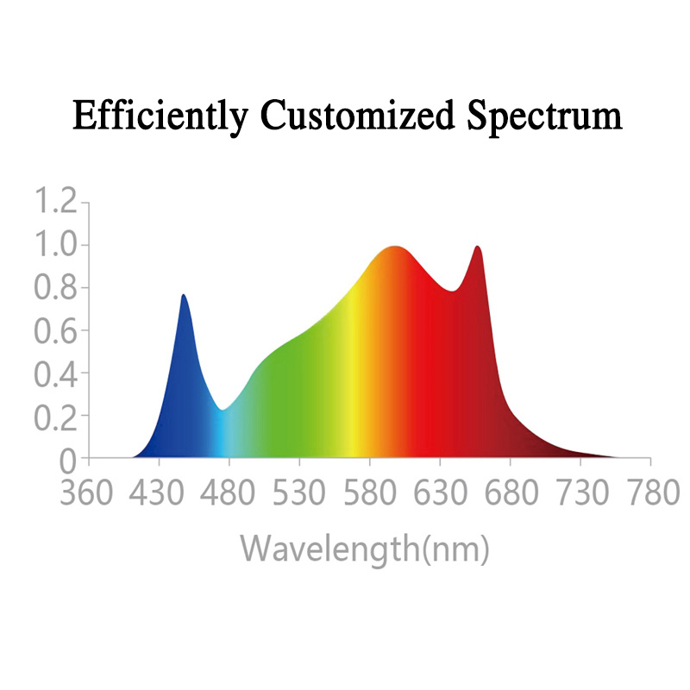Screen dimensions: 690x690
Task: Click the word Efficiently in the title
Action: coord(162,116)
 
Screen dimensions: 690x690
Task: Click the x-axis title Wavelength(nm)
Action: coord(365,548)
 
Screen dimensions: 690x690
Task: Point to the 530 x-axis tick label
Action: coord(298,495)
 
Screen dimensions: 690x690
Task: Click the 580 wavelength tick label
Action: coord(369,495)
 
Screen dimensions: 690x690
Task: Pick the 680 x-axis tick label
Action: coord(510,495)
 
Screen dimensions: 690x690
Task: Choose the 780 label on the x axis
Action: coord(624,495)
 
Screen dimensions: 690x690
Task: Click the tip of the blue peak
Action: coord(183,295)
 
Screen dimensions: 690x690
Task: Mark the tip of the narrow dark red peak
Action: coord(477,247)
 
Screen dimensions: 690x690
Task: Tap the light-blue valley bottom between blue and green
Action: coord(223,410)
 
